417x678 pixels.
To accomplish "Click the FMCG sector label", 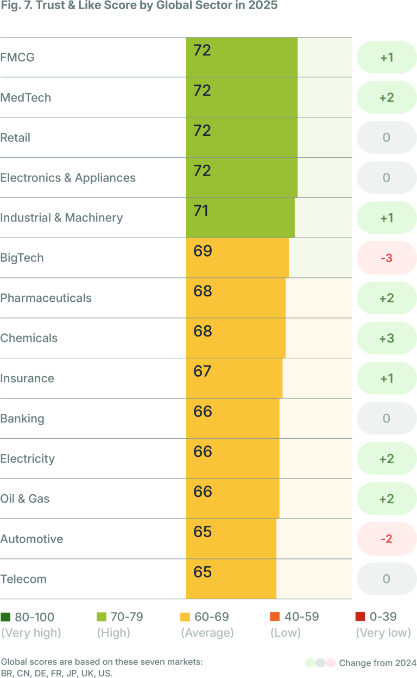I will pos(17,57).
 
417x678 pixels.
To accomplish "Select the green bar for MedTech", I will pos(242,98).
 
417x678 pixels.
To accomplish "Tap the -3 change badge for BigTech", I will pos(386,258).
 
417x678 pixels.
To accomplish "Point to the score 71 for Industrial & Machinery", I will pos(201,211).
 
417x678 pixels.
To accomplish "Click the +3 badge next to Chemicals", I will pos(386,338).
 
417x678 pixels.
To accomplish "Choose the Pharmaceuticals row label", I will pos(46,298).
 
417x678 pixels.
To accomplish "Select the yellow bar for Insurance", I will pos(234,378).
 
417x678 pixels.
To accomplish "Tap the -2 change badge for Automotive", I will pos(386,539).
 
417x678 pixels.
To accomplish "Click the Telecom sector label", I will pos(23,579).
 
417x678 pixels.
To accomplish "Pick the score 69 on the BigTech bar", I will pos(203,251).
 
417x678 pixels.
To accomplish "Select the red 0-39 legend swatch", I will pos(359,617).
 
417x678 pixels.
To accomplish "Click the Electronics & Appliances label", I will pos(68,178).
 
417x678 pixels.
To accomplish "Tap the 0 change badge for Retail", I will pos(386,138).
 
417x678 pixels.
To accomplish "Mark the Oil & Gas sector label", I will pos(25,499).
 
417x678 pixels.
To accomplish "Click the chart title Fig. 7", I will pos(138,7).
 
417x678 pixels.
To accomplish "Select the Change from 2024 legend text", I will pos(377,663).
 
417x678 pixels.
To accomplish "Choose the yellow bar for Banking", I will pos(232,419).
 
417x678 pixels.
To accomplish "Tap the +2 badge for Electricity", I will pos(386,458).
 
